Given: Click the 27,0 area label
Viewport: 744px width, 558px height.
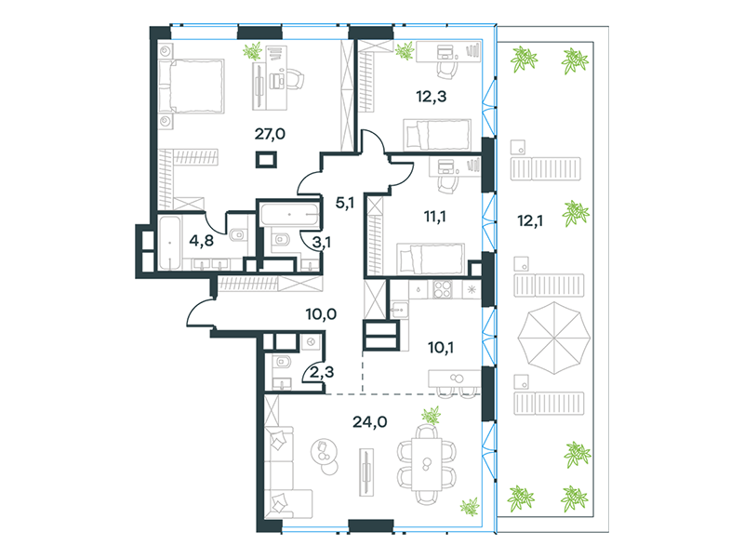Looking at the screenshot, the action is click(270, 134).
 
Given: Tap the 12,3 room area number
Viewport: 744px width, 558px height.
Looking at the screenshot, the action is click(431, 97).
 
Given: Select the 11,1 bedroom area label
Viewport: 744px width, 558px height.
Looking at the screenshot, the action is click(434, 217).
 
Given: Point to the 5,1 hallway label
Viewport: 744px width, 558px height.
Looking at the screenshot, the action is click(344, 204).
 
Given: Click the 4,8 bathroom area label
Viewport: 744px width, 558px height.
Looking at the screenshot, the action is click(201, 241).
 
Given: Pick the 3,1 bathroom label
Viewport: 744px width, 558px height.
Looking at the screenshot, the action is click(321, 243).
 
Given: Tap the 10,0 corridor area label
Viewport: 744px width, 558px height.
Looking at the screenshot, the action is click(321, 314).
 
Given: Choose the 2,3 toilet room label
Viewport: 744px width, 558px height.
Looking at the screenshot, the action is click(321, 372).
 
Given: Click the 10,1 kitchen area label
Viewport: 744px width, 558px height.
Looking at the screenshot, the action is click(440, 348).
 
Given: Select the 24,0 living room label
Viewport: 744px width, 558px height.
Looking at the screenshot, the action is click(369, 422).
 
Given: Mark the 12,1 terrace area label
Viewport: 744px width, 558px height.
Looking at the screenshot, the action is click(530, 221).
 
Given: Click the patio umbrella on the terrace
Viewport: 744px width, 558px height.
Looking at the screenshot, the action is click(553, 338).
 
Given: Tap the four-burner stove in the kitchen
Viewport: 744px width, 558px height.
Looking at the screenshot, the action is click(443, 289).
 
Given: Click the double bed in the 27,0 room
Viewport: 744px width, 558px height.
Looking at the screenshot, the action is click(192, 86).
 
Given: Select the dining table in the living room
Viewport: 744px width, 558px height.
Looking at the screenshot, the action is click(426, 464).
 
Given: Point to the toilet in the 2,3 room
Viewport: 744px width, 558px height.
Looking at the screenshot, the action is click(283, 363).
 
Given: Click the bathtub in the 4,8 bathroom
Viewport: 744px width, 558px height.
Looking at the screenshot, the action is click(169, 243).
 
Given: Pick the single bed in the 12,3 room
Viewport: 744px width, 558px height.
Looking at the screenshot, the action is click(437, 135).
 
